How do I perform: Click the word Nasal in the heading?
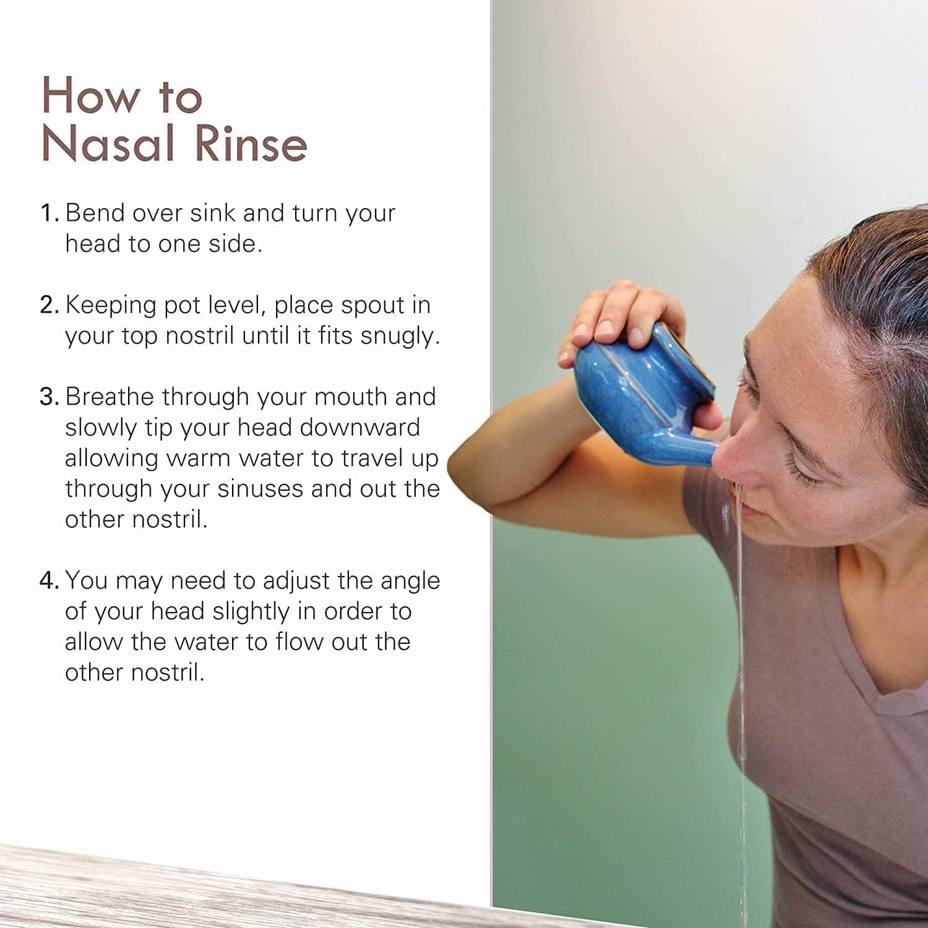[110, 144]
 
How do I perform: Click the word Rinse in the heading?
[251, 144]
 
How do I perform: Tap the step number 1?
[48, 213]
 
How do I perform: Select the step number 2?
[48, 305]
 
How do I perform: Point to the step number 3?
[48, 397]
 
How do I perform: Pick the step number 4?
[48, 580]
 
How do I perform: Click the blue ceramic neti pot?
[637, 396]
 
